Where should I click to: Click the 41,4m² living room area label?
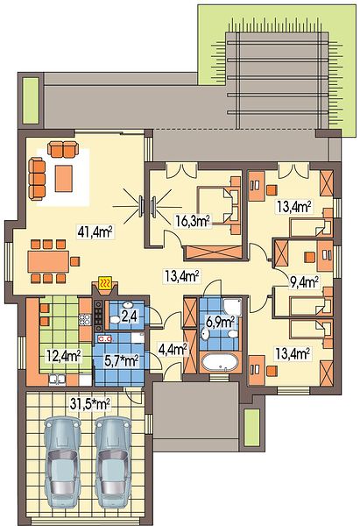[95, 231]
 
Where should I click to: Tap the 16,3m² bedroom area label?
[193, 221]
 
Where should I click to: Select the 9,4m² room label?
[303, 281]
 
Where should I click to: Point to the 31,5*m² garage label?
[90, 404]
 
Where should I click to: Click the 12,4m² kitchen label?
[63, 356]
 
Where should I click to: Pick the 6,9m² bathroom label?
[220, 323]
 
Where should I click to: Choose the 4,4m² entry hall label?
[173, 350]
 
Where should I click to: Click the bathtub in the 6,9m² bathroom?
[220, 363]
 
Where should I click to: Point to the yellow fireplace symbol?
[106, 283]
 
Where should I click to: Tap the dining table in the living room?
[48, 261]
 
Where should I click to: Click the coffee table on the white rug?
[64, 178]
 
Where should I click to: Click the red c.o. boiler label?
[106, 338]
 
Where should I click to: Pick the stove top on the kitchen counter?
[98, 315]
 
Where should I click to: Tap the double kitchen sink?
[57, 379]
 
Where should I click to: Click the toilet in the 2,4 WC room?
[115, 319]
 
